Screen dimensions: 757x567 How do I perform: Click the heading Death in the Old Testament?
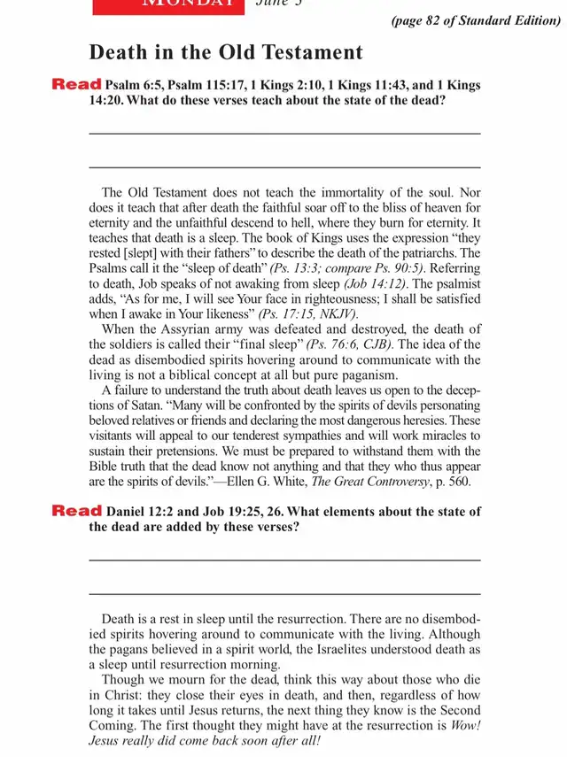tap(226, 52)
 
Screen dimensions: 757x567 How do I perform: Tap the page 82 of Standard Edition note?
tap(475, 20)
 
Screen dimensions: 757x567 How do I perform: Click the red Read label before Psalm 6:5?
tap(76, 85)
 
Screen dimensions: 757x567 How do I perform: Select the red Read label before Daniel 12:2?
tap(76, 511)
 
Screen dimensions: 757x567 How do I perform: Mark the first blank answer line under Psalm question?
tap(284, 134)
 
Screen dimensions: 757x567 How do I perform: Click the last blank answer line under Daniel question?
tap(284, 593)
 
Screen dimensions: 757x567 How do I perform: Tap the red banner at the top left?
tap(168, 5)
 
